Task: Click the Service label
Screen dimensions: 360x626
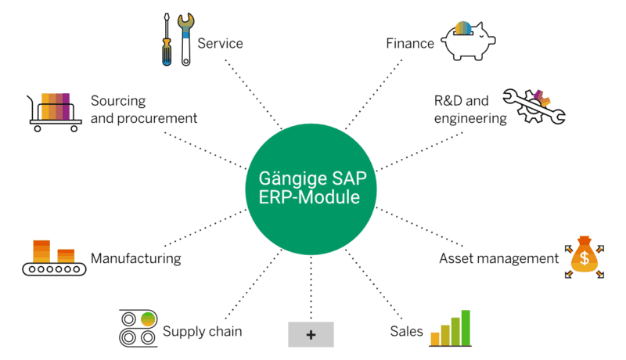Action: (x=220, y=43)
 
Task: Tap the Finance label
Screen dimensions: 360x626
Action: (x=410, y=43)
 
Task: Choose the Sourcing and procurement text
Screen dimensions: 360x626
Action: (x=143, y=110)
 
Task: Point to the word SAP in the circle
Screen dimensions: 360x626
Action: (x=351, y=177)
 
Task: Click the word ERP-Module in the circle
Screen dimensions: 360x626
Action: (x=310, y=197)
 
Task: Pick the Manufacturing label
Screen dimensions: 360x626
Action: (x=136, y=257)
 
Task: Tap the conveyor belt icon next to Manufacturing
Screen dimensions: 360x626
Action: (x=52, y=259)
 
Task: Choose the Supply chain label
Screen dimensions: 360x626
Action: (x=202, y=331)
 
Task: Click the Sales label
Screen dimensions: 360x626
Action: (x=406, y=331)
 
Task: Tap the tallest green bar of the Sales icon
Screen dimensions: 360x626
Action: (x=465, y=327)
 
